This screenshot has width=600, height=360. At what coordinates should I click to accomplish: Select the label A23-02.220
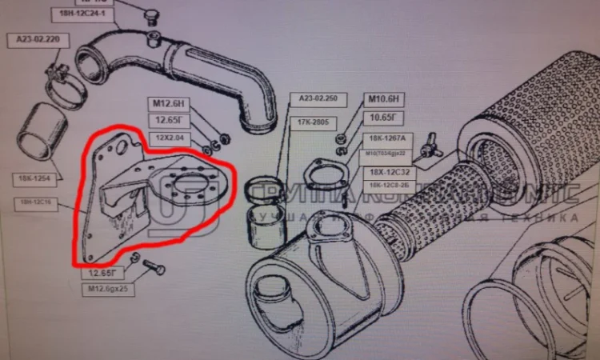[x=36, y=38]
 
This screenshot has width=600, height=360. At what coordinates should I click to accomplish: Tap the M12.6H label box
[x=168, y=103]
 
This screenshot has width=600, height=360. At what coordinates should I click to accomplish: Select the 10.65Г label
[x=387, y=118]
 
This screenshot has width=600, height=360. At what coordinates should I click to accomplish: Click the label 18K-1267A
[x=389, y=138]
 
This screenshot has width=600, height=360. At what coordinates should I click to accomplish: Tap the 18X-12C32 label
[x=390, y=172]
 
